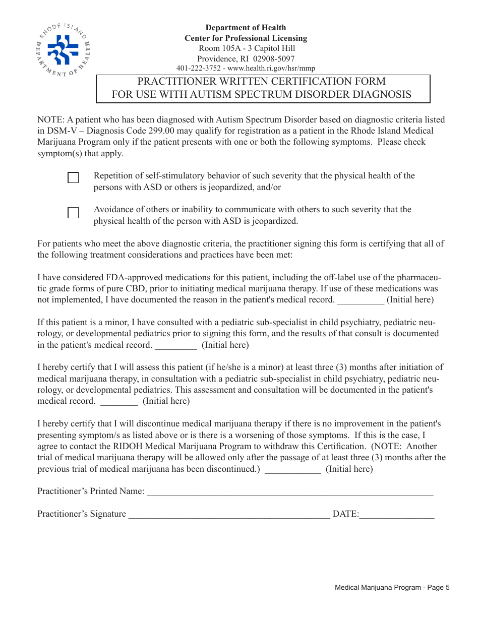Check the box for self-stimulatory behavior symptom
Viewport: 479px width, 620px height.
73,177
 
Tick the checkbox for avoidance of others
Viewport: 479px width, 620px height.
73,212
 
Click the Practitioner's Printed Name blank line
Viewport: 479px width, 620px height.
289,492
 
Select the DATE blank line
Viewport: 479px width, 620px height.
396,515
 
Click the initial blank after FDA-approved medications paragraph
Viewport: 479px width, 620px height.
360,300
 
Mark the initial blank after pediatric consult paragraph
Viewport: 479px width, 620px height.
175,346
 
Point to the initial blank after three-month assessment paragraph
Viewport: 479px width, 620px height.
118,402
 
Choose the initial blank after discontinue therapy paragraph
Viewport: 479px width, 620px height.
292,469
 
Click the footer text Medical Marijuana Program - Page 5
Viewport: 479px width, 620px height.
392,587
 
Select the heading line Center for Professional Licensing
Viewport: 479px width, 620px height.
246,38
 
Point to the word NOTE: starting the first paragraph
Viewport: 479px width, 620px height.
50,120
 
